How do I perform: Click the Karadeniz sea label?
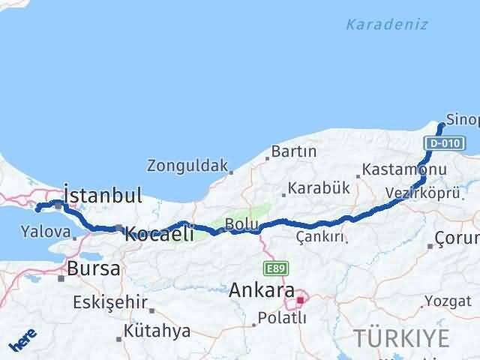387,24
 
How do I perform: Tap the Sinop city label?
462,119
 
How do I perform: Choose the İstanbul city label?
102,196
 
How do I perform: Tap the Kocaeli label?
159,232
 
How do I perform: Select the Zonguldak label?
187,165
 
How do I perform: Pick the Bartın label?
294,152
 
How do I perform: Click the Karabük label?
319,188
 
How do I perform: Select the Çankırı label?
319,237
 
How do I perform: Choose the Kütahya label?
157,331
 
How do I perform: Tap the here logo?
22,341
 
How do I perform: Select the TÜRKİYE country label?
403,337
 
